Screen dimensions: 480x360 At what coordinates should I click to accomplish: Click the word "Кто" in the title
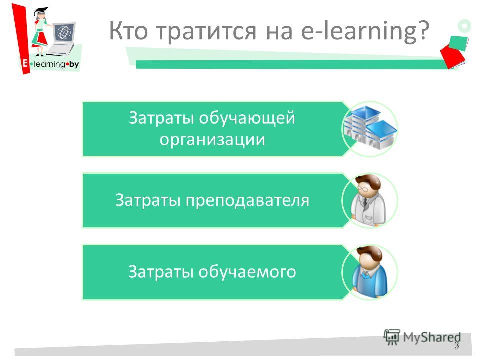(x=128, y=31)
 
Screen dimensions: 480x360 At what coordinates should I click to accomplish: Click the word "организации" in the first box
(x=212, y=139)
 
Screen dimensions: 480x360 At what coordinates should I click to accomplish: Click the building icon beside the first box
(x=370, y=128)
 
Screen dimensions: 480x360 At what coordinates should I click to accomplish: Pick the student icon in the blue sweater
(x=370, y=271)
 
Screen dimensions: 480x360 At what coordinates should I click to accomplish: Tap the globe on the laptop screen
(x=64, y=32)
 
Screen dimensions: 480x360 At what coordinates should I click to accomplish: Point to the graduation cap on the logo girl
(x=41, y=11)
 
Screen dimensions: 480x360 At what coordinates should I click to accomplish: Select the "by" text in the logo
(x=74, y=64)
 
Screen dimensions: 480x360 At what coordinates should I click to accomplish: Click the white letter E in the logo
(x=25, y=63)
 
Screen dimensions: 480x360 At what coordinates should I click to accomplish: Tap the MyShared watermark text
(x=432, y=337)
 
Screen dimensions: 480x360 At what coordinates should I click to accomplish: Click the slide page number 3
(x=456, y=345)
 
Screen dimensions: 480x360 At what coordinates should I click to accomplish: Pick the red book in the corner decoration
(x=453, y=55)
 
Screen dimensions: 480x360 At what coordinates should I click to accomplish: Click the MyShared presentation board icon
(x=392, y=337)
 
